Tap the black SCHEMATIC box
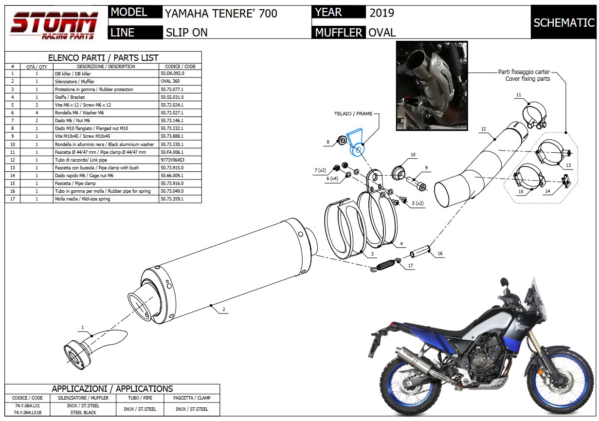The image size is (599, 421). click(563, 22)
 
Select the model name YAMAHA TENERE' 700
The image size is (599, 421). click(221, 13)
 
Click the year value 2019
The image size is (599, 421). click(382, 13)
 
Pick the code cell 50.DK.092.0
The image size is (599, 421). click(172, 73)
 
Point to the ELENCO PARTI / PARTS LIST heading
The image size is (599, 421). click(103, 57)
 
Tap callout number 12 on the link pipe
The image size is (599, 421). click(483, 129)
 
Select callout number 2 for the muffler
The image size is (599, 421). click(223, 310)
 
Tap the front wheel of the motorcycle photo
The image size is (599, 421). click(567, 370)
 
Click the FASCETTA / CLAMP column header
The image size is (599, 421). click(192, 398)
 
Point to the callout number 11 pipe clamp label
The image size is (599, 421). click(519, 94)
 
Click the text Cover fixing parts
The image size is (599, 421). click(527, 79)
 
